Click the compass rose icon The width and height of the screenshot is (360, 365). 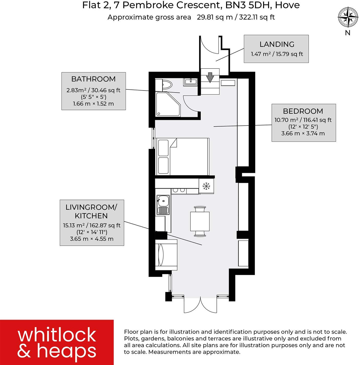(x=348, y=17)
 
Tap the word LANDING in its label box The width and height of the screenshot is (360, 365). (x=277, y=44)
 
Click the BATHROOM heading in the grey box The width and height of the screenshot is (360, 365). (x=93, y=79)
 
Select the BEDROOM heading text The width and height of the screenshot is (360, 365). (x=303, y=111)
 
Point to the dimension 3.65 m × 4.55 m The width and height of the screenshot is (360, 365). (x=92, y=239)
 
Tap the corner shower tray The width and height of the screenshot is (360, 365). (x=167, y=104)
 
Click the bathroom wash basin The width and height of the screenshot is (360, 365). (x=190, y=82)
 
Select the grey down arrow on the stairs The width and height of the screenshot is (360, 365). (x=210, y=77)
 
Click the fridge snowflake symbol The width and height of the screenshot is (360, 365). (x=206, y=186)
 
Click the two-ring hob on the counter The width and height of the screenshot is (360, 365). (x=179, y=190)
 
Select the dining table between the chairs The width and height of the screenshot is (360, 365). (x=200, y=221)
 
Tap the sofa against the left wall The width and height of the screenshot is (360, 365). (x=166, y=255)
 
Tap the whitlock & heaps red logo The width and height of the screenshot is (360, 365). (x=57, y=342)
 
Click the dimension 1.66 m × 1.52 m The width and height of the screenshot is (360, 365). (x=93, y=104)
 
